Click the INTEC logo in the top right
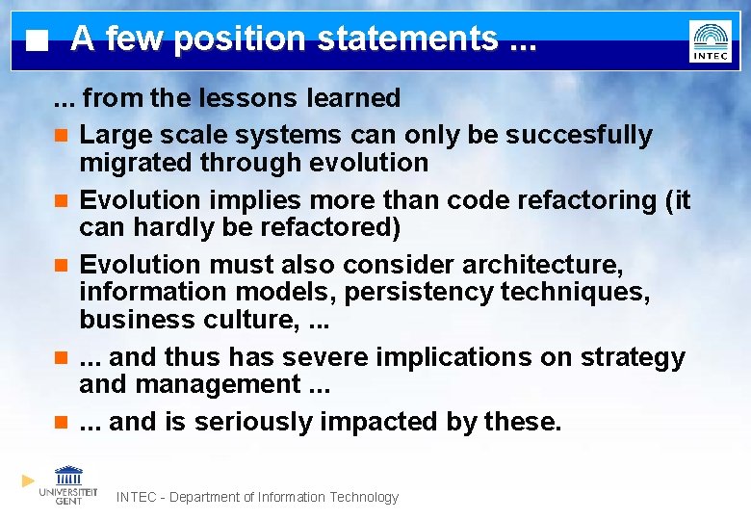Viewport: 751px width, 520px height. (710, 41)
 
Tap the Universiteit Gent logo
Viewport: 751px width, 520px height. (68, 484)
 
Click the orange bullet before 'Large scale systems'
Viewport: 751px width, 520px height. (60, 136)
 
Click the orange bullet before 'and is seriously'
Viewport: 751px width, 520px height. (60, 422)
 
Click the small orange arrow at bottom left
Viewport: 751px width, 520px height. (28, 480)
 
